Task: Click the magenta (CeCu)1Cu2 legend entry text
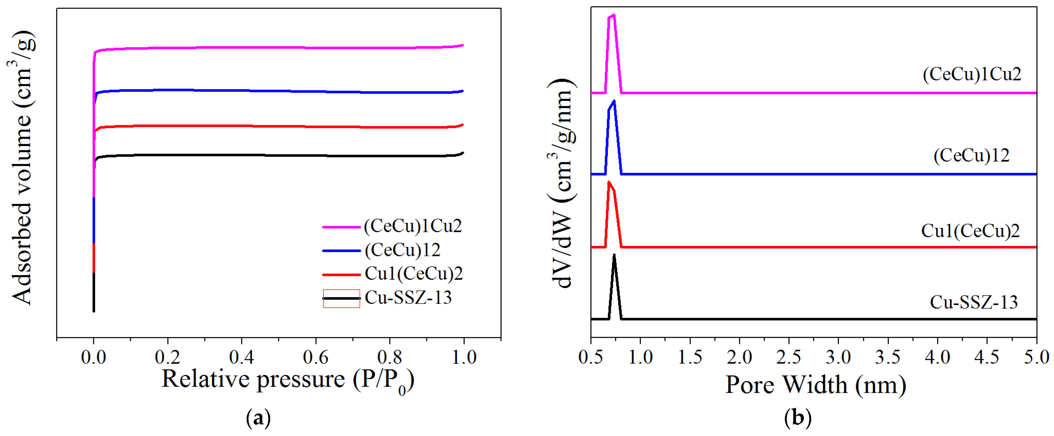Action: click(x=413, y=226)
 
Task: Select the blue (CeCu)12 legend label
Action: click(x=402, y=250)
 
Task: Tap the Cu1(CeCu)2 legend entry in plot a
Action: click(x=413, y=273)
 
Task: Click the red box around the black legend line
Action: click(x=341, y=298)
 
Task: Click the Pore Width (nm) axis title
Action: click(x=816, y=385)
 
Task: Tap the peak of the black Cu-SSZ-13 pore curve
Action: click(x=614, y=255)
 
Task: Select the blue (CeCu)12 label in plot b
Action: click(x=971, y=155)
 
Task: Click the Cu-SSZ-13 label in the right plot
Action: click(x=973, y=303)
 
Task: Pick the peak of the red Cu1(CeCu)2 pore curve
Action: click(x=609, y=182)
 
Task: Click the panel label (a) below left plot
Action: click(x=258, y=418)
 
